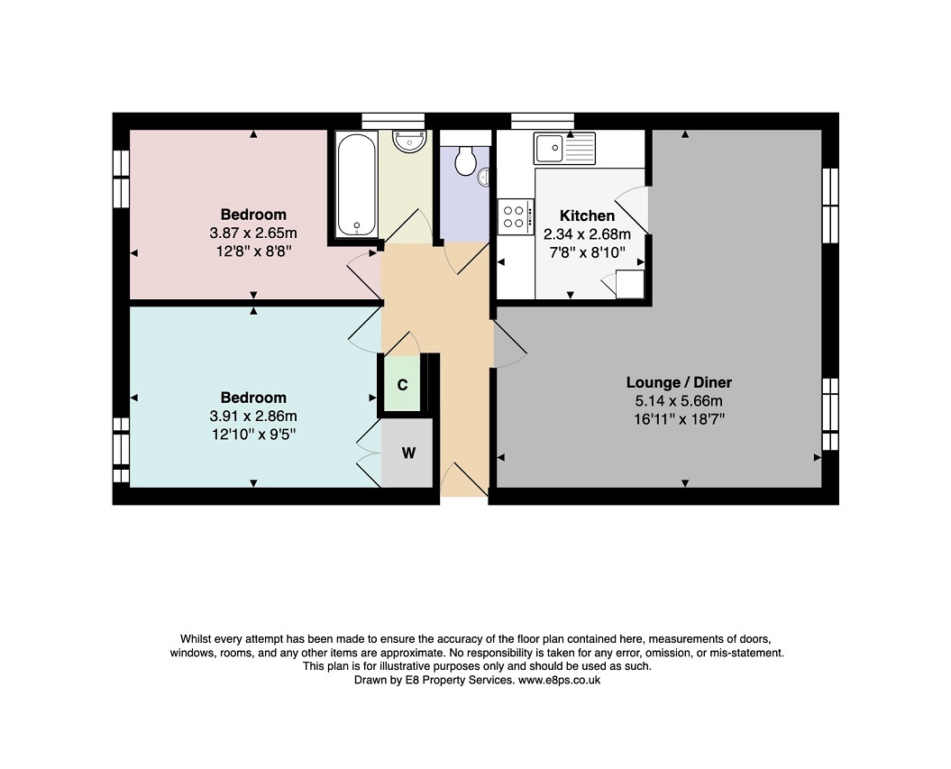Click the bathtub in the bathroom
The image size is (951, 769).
click(x=357, y=185)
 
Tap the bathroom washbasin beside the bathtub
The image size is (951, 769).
click(x=408, y=141)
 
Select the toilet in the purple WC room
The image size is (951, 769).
click(x=465, y=160)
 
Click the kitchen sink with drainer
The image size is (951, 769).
click(x=564, y=149)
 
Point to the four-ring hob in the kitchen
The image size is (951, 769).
click(x=516, y=216)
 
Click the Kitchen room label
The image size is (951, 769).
click(x=587, y=215)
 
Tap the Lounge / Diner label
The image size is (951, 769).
click(x=679, y=382)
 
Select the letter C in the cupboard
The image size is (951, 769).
click(x=402, y=385)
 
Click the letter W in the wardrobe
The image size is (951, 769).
click(x=408, y=453)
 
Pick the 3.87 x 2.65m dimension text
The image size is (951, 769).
click(x=253, y=233)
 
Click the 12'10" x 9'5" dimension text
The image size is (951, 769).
click(x=253, y=435)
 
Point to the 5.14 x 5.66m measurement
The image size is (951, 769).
click(x=679, y=401)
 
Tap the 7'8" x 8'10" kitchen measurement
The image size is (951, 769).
click(x=587, y=252)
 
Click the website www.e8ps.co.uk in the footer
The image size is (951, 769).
click(x=559, y=680)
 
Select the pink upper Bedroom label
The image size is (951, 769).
click(x=253, y=215)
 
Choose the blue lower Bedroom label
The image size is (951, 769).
click(x=253, y=398)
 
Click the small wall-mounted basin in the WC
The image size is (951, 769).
click(x=484, y=177)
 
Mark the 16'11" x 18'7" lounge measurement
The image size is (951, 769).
click(x=680, y=419)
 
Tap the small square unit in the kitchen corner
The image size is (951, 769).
click(x=629, y=285)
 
